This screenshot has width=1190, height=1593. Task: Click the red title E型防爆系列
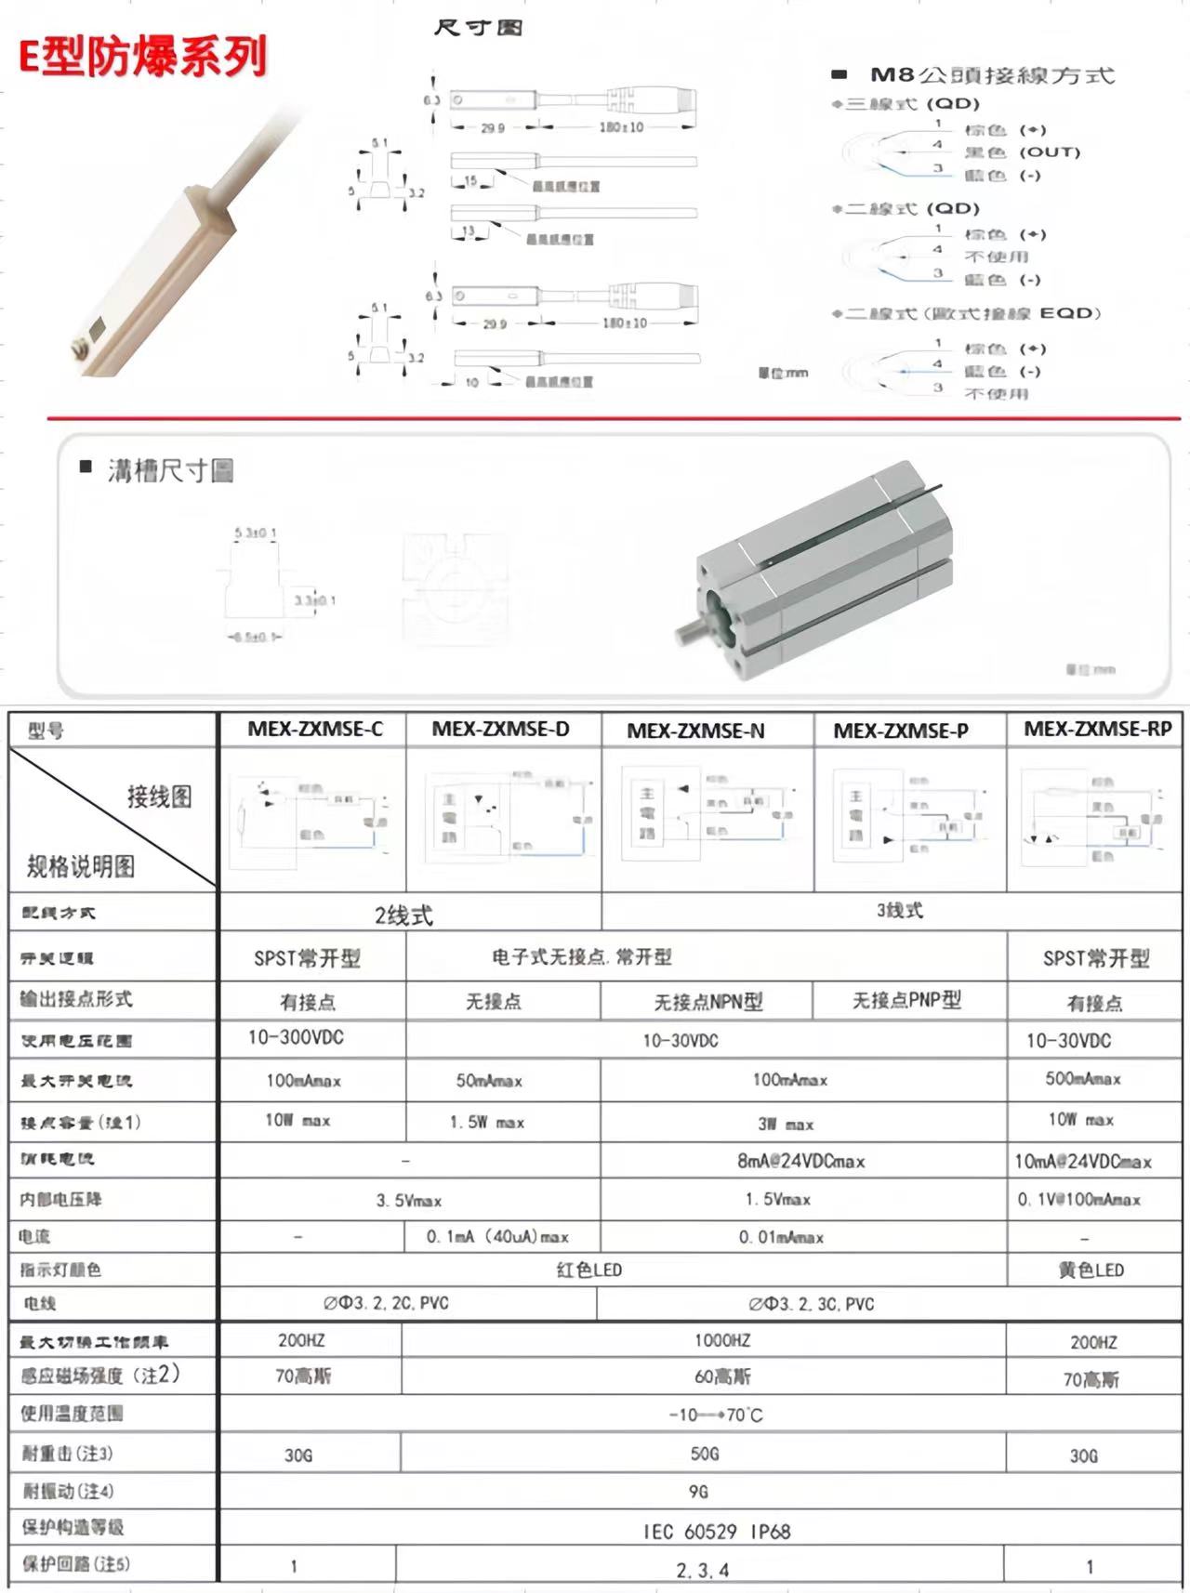[143, 57]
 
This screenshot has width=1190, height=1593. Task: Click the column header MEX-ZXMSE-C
[314, 730]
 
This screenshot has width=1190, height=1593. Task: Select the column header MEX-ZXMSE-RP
[1097, 730]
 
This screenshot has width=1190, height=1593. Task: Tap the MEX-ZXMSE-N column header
[695, 731]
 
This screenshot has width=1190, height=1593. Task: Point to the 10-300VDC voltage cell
[296, 1037]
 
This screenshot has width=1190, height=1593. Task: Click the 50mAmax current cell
[489, 1081]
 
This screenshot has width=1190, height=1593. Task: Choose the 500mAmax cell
[1083, 1079]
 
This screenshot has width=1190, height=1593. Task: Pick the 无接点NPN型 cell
[708, 1002]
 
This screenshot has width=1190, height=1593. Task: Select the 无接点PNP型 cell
[906, 1000]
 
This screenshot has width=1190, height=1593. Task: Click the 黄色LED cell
[1091, 1270]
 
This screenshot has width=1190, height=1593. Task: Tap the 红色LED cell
[589, 1270]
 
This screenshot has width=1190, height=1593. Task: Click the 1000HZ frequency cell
[722, 1340]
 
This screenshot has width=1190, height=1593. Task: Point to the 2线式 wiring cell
[403, 915]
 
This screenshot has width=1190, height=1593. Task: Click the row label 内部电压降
[61, 1200]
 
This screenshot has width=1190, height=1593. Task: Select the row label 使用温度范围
[73, 1414]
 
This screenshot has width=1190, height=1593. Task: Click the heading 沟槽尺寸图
[169, 471]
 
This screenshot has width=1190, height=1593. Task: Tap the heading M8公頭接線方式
[991, 75]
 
